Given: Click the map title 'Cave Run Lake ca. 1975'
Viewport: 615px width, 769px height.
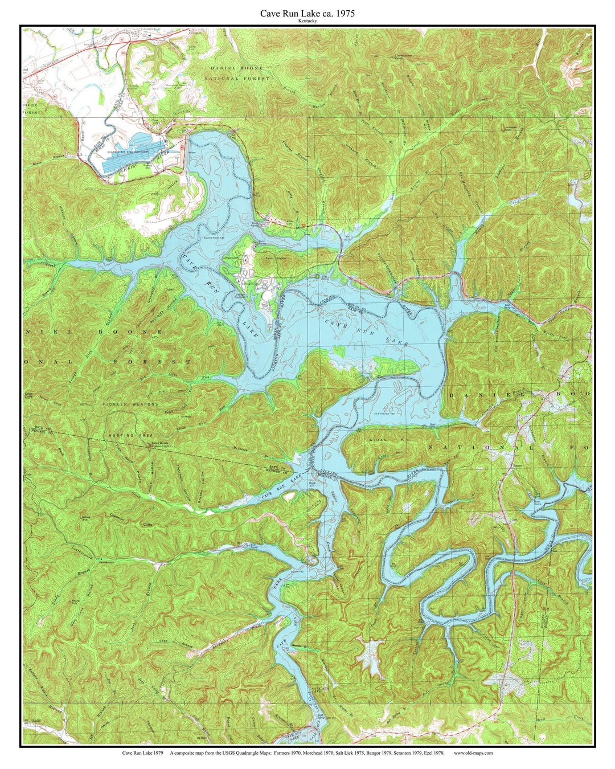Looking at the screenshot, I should [x=307, y=13].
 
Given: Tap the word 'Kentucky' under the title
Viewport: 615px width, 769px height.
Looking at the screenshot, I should [x=307, y=21].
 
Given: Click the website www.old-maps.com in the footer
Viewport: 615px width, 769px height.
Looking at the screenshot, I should [x=473, y=752].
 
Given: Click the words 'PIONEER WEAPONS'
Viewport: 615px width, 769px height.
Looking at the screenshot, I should [x=130, y=404].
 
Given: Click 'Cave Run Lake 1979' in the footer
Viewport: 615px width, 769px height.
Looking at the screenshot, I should [x=142, y=752].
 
